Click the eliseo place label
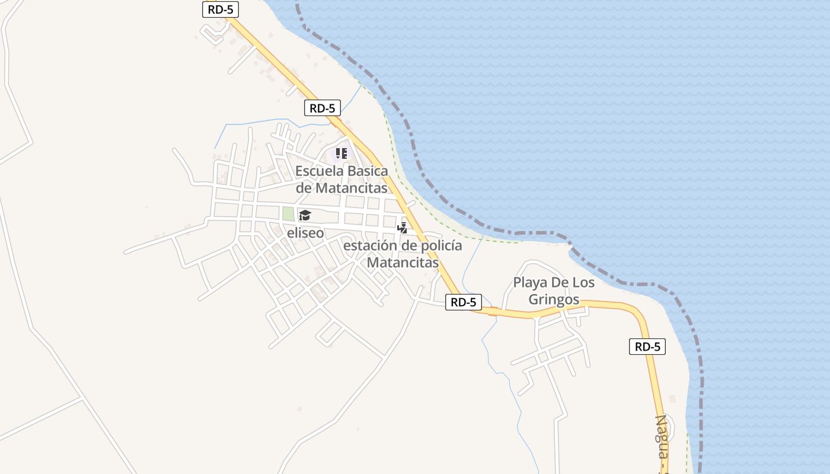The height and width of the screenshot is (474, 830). point(305,233)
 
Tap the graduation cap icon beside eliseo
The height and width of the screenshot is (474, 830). point(305,215)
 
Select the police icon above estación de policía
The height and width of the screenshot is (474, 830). point(403,228)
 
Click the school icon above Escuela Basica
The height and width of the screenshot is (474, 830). point(341,154)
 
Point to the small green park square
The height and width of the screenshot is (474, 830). point(288,214)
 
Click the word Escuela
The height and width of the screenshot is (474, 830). point(319,171)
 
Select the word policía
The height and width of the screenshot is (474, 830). point(439,246)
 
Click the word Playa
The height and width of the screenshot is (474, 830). point(530,282)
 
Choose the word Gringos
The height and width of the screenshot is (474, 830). point(554,300)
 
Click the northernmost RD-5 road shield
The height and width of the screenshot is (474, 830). point(221,9)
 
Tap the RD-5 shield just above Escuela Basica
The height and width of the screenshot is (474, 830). point(323,108)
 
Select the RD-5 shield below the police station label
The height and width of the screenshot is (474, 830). point(464,302)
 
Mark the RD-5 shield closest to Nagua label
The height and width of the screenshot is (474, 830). point(647,347)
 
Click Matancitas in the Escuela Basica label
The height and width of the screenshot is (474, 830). point(351,188)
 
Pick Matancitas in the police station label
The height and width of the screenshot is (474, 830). point(403,262)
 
